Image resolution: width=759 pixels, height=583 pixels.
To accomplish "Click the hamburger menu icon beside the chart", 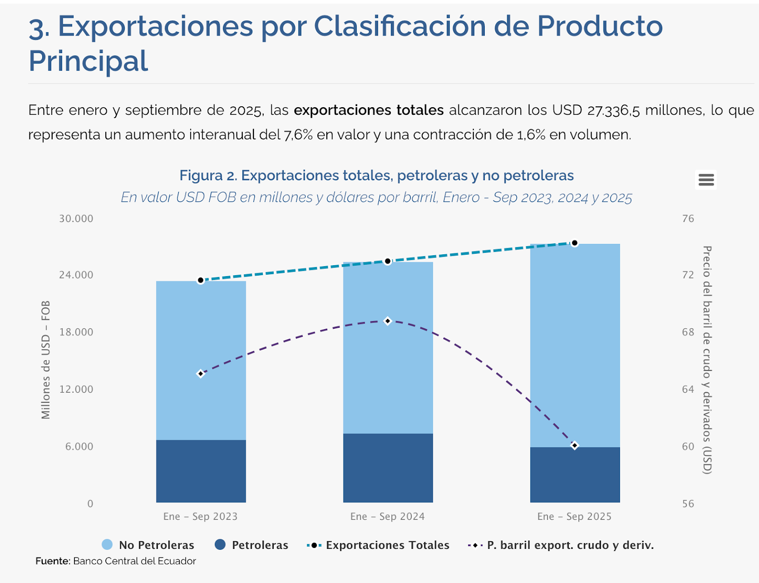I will (706, 180).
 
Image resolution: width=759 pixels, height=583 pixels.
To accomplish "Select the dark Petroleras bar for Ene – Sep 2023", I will (201, 471).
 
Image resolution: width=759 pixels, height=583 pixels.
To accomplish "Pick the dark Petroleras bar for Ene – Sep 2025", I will (574, 474).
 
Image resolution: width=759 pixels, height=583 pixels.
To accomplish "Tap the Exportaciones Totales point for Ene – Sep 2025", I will (574, 243).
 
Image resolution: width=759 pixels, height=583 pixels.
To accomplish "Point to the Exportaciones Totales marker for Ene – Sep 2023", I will (201, 280).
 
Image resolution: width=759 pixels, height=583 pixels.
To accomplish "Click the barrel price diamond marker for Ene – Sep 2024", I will (388, 321).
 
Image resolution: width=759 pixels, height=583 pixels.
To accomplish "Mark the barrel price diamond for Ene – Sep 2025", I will (574, 445).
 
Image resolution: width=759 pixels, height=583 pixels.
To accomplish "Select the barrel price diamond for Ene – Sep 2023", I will (201, 374).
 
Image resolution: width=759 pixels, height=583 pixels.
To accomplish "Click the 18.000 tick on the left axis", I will (76, 332).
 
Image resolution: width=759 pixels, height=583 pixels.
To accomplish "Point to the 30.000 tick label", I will (76, 219).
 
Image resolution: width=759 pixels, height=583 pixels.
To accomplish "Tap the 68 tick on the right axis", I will (688, 332).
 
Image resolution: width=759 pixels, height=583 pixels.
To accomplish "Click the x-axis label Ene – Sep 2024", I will (387, 517).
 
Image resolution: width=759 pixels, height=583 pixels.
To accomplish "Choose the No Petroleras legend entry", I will (148, 545).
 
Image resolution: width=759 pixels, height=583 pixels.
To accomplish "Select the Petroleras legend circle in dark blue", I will (220, 545).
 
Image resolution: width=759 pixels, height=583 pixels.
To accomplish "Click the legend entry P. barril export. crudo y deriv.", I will (561, 545).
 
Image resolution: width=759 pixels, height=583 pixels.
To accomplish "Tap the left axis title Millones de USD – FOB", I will (46, 360).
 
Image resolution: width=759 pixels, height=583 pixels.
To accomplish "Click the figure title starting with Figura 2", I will (376, 176).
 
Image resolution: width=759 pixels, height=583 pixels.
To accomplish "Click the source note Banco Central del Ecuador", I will (134, 561).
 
